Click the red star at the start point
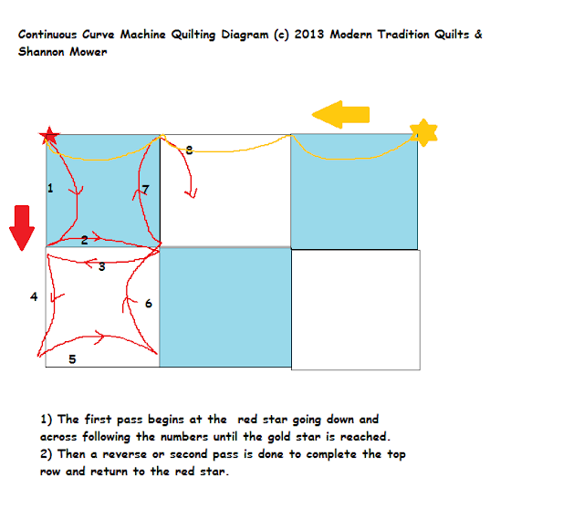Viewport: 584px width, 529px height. [x=49, y=136]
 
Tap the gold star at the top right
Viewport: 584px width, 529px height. [x=423, y=132]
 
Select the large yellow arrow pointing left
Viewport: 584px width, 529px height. [x=340, y=115]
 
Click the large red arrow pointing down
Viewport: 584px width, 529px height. [x=22, y=228]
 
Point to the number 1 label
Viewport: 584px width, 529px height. [x=50, y=188]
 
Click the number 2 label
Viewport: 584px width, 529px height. [x=85, y=240]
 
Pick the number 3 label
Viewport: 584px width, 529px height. [x=102, y=266]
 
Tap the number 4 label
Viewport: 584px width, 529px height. [x=34, y=296]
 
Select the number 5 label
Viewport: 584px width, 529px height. [x=72, y=359]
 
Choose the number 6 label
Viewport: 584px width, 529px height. [x=148, y=304]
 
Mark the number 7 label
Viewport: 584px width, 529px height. [x=146, y=190]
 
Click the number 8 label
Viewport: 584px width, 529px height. [x=189, y=150]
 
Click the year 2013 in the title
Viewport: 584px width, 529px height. [x=309, y=35]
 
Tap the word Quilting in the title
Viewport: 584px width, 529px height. [x=193, y=35]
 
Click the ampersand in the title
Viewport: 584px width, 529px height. [x=478, y=35]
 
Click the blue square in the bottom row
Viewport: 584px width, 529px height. [x=225, y=307]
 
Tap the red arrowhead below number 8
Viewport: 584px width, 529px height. [x=192, y=193]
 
